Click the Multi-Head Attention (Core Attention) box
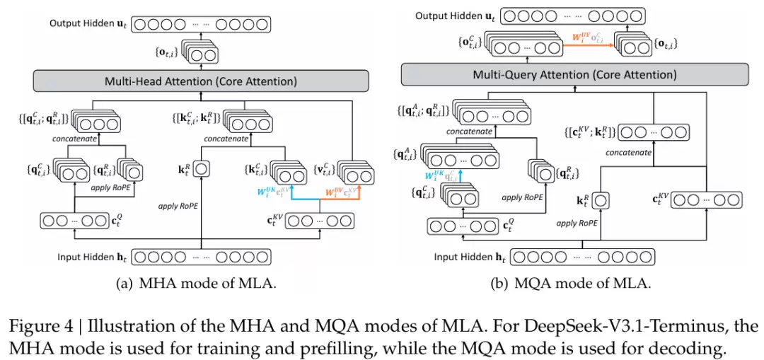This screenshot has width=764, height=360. pyautogui.click(x=201, y=81)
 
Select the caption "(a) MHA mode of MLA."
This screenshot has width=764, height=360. pyautogui.click(x=195, y=284)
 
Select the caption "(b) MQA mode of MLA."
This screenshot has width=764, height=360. pyautogui.click(x=570, y=284)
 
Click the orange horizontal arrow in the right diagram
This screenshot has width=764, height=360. pyautogui.click(x=589, y=44)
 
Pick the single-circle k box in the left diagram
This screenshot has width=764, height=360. pyautogui.click(x=201, y=170)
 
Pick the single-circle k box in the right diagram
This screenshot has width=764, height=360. pyautogui.click(x=601, y=201)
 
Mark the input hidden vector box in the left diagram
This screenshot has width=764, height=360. pyautogui.click(x=202, y=257)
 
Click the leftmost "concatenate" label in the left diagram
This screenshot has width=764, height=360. pyautogui.click(x=76, y=139)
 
